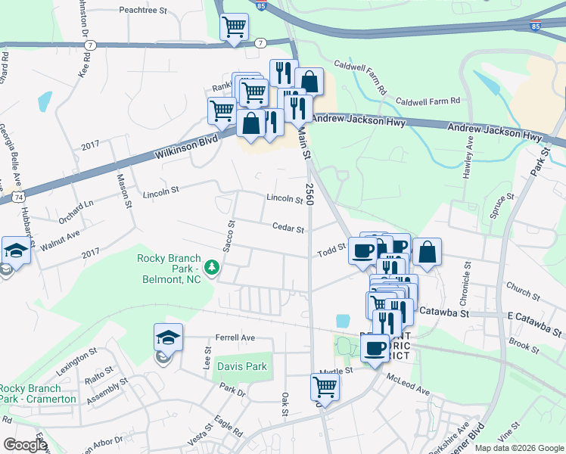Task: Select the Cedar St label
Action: (288, 229)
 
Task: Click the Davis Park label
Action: (241, 367)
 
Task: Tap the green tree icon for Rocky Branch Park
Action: (213, 266)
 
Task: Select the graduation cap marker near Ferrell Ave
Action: (169, 337)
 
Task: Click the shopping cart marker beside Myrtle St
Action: (325, 387)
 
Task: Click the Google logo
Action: (25, 445)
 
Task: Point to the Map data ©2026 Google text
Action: (519, 448)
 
